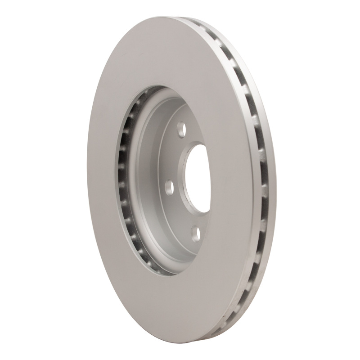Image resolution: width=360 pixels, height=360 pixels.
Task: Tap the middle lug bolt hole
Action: [170, 186]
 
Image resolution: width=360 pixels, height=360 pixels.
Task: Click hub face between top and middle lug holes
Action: [173, 157]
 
